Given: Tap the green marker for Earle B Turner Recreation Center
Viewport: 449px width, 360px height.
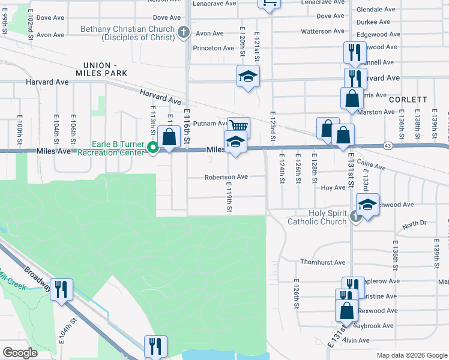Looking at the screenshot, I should (153, 148).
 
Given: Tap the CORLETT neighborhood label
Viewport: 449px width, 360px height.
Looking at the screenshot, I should (408, 100).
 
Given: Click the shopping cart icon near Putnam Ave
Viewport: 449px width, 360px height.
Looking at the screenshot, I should (239, 127).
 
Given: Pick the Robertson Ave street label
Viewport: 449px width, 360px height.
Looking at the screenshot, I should (226, 177).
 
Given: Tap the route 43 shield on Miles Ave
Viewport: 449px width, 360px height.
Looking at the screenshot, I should (388, 146).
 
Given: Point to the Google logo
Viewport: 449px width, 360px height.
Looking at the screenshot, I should (20, 353).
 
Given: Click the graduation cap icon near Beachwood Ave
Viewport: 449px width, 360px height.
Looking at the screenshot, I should (367, 205).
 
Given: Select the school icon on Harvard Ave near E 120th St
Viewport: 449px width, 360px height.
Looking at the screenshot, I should (247, 77).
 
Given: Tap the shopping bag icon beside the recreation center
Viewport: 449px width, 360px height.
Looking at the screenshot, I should (170, 137).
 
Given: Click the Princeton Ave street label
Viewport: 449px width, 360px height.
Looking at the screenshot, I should (213, 48).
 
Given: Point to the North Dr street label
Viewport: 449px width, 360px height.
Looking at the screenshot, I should (414, 224).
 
